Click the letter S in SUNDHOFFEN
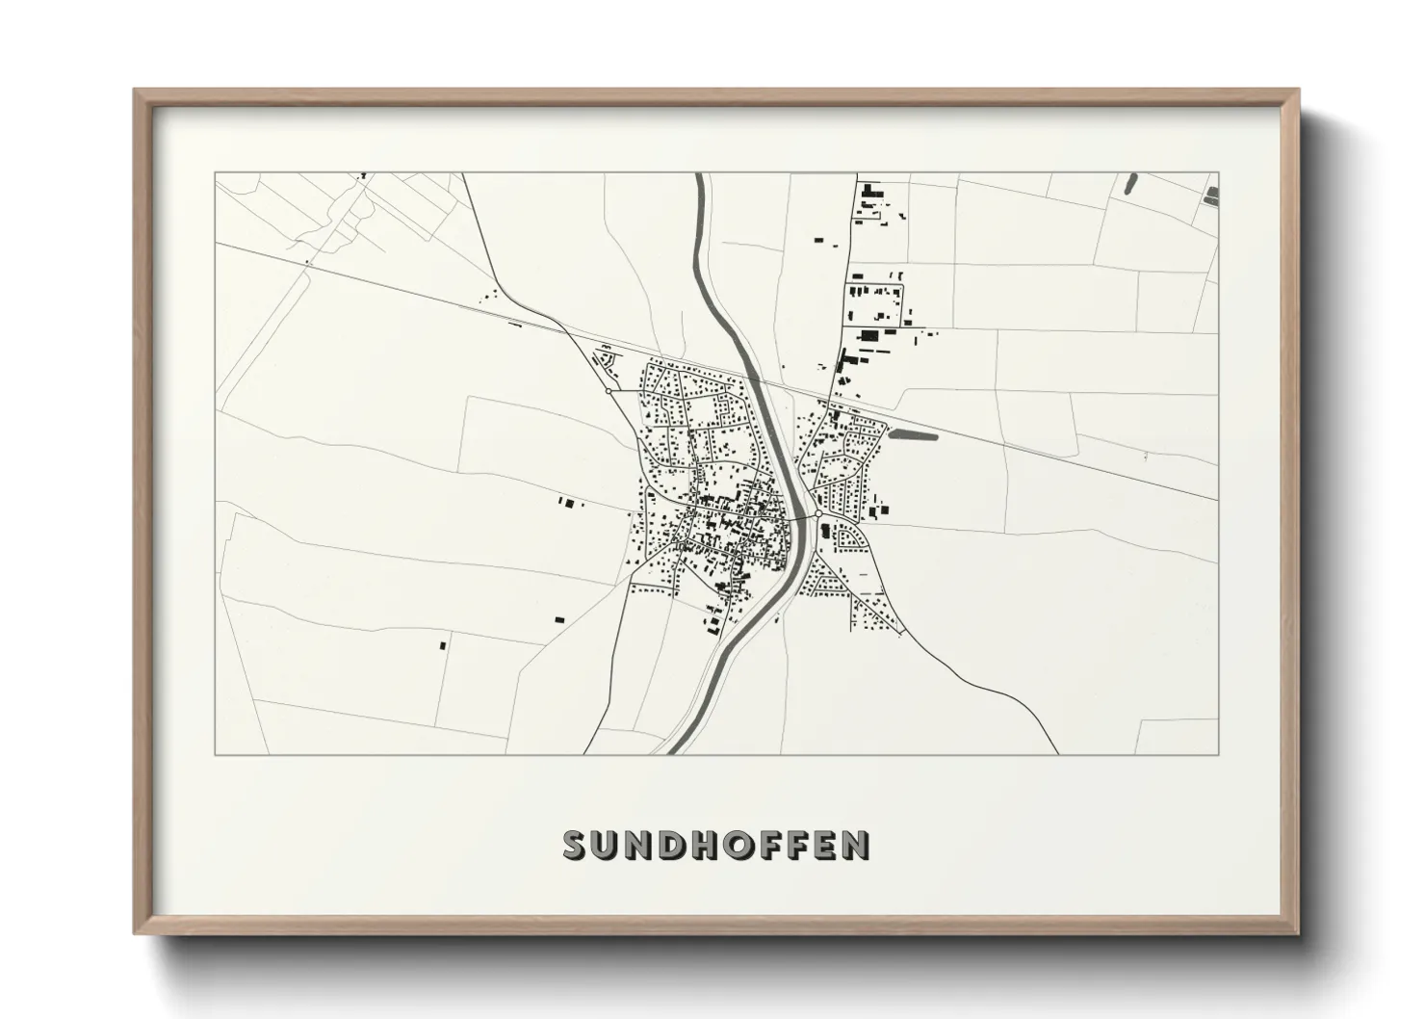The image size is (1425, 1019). (575, 845)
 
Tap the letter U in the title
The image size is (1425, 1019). (607, 845)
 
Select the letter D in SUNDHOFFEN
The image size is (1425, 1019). (673, 845)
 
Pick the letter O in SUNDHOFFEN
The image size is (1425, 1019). (742, 845)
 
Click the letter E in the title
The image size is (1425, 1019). (824, 845)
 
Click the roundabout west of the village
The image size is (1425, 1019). (609, 391)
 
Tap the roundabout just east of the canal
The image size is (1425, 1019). (818, 515)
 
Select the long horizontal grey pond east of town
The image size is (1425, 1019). (914, 434)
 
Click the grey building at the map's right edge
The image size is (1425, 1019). (1211, 196)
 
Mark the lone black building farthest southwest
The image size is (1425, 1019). (443, 644)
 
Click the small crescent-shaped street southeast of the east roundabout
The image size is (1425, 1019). (848, 536)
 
